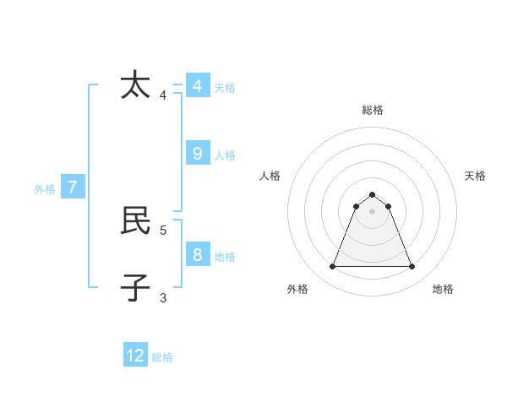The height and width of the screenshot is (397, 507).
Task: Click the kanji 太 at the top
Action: click(x=135, y=86)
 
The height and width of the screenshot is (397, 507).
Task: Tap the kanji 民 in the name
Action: click(x=135, y=220)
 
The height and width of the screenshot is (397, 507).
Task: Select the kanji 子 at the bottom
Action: click(x=135, y=287)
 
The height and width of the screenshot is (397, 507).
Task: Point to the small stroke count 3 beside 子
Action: click(x=163, y=297)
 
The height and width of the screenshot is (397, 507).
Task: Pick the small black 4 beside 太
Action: click(x=163, y=95)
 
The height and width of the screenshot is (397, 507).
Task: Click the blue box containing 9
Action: click(x=198, y=153)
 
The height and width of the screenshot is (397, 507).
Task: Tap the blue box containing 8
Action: click(x=198, y=254)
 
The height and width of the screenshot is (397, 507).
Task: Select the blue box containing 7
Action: click(x=73, y=188)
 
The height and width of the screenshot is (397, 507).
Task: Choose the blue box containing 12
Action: click(x=135, y=356)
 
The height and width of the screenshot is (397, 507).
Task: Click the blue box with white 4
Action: click(x=198, y=86)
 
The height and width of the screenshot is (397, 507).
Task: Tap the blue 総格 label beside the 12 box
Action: click(x=162, y=357)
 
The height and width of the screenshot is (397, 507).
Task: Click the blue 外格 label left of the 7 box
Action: click(x=45, y=189)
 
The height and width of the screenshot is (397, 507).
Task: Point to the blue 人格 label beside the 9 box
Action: click(x=225, y=155)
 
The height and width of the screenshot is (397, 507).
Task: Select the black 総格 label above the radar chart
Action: click(x=373, y=110)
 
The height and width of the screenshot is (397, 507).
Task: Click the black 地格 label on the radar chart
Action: click(x=443, y=289)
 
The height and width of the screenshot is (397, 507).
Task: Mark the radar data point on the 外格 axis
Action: click(x=332, y=267)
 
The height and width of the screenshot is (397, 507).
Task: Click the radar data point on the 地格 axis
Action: click(x=412, y=267)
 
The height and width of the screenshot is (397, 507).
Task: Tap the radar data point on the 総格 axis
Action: click(x=372, y=195)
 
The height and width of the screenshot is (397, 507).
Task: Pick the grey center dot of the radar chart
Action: click(x=372, y=211)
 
